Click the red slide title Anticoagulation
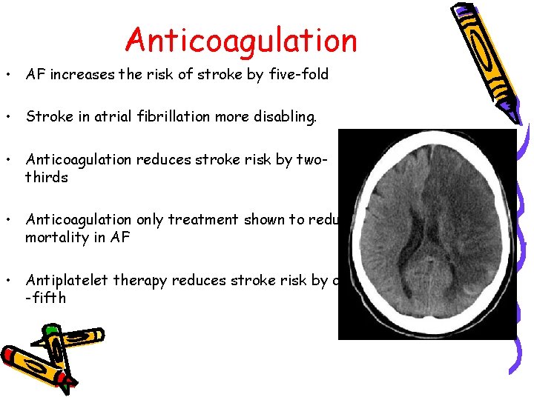point(241,41)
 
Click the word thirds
point(47,178)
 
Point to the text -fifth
point(46,298)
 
